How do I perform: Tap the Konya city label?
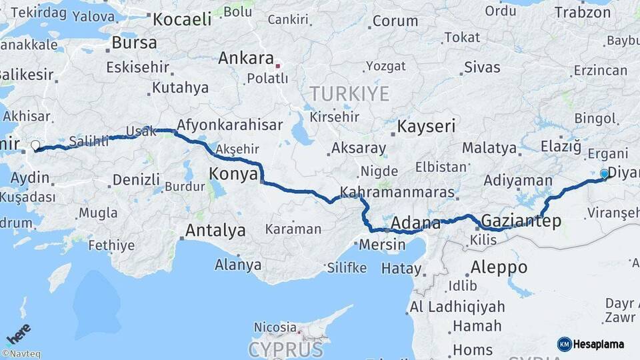click(233, 174)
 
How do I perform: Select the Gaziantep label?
click(521, 221)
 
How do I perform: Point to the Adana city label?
click(416, 223)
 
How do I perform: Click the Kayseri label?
click(427, 126)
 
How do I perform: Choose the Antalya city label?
click(215, 231)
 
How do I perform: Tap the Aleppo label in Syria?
click(499, 267)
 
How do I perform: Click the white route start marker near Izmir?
click(35, 145)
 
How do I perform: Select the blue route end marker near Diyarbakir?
click(604, 174)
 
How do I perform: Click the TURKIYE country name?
click(347, 93)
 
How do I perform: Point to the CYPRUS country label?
click(286, 349)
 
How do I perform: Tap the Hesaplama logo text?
click(598, 344)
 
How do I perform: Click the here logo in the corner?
click(19, 333)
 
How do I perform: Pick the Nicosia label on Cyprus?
click(275, 327)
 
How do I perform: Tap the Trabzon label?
click(583, 13)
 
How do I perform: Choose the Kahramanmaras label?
click(397, 193)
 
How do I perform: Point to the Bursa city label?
click(134, 43)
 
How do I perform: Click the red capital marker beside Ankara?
click(278, 66)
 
